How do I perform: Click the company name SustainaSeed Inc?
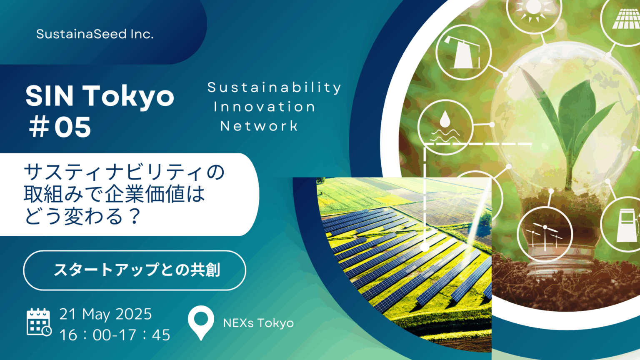click(95, 34)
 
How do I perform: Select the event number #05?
click(60, 127)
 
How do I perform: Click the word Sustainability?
click(274, 88)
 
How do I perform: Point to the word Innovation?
click(264, 107)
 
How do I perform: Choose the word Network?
click(259, 126)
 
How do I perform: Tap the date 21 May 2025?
click(105, 314)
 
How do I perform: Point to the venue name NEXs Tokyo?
click(258, 323)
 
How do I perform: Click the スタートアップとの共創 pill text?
click(137, 270)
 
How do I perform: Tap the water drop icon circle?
click(445, 127)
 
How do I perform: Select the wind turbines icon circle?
click(545, 235)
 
